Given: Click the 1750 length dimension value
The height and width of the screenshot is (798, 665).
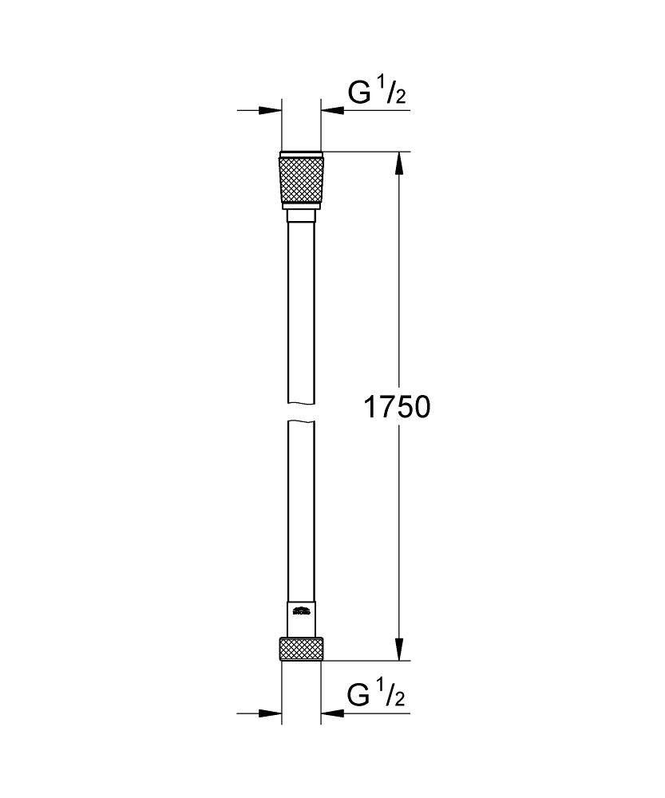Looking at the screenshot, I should (397, 408).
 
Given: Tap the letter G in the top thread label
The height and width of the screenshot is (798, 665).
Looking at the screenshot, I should (359, 94).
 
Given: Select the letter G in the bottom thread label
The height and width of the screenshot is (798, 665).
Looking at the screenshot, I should (359, 696).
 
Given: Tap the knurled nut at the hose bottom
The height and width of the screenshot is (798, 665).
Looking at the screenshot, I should (301, 649).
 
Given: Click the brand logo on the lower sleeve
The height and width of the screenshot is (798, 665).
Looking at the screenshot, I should (301, 613).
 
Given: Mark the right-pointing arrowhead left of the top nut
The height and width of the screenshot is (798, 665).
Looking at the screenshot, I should (271, 110).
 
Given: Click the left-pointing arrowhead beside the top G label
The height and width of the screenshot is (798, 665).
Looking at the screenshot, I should (332, 110).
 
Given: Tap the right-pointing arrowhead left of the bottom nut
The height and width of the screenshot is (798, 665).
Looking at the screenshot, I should (271, 712).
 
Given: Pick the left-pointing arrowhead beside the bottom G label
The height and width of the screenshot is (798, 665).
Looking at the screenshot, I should (332, 712).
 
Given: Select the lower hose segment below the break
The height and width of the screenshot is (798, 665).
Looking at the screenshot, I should (301, 511).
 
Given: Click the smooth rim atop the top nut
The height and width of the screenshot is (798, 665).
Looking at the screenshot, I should (301, 153).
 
